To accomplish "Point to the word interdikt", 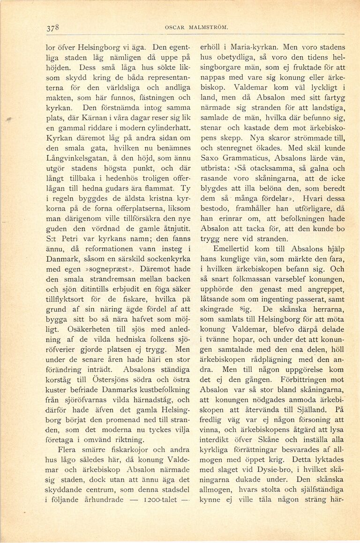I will coord(218,441).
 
